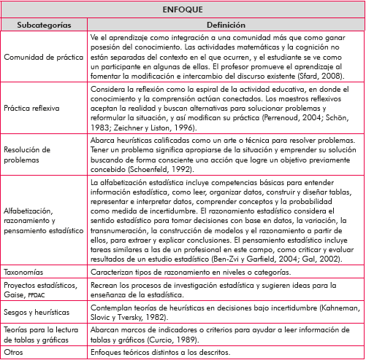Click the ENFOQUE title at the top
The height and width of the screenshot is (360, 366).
click(x=183, y=10)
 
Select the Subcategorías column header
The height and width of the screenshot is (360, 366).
click(x=45, y=25)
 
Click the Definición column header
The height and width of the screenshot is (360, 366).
click(x=226, y=25)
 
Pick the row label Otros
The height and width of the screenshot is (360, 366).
click(x=15, y=353)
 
